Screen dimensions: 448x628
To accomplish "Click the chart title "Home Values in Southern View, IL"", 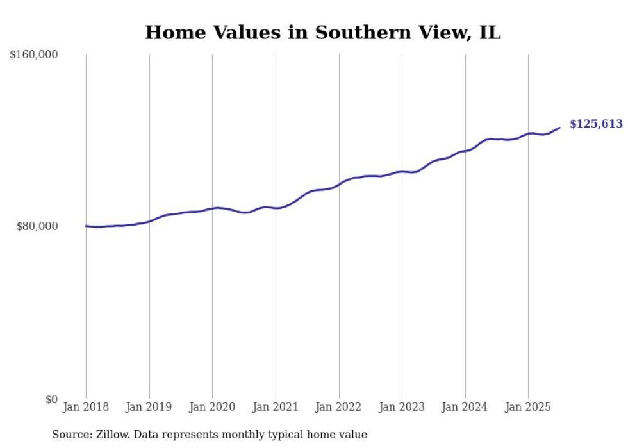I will coord(322,33).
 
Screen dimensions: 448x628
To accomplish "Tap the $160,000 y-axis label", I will coord(34,55).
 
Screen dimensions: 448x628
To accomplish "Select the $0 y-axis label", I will coord(52,399).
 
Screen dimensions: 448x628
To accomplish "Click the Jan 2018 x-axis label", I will coord(86,407).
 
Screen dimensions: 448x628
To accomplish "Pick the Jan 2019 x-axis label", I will coord(149,407).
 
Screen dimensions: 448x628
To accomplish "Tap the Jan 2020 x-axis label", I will coord(212,407).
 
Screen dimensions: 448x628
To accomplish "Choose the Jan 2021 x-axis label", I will coord(276,407).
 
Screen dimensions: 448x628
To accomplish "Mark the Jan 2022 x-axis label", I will coord(339,407).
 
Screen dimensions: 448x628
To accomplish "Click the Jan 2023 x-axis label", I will coord(402,407).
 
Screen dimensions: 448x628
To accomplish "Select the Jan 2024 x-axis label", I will coord(465,407).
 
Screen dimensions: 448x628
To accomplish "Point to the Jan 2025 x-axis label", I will coord(528,407).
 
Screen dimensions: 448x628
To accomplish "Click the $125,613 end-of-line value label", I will coord(596,124).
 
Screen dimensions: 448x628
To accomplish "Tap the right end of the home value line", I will coord(559,128).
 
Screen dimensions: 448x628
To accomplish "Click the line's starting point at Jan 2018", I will coord(86,226).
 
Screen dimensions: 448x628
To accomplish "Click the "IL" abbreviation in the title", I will coord(490,33).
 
